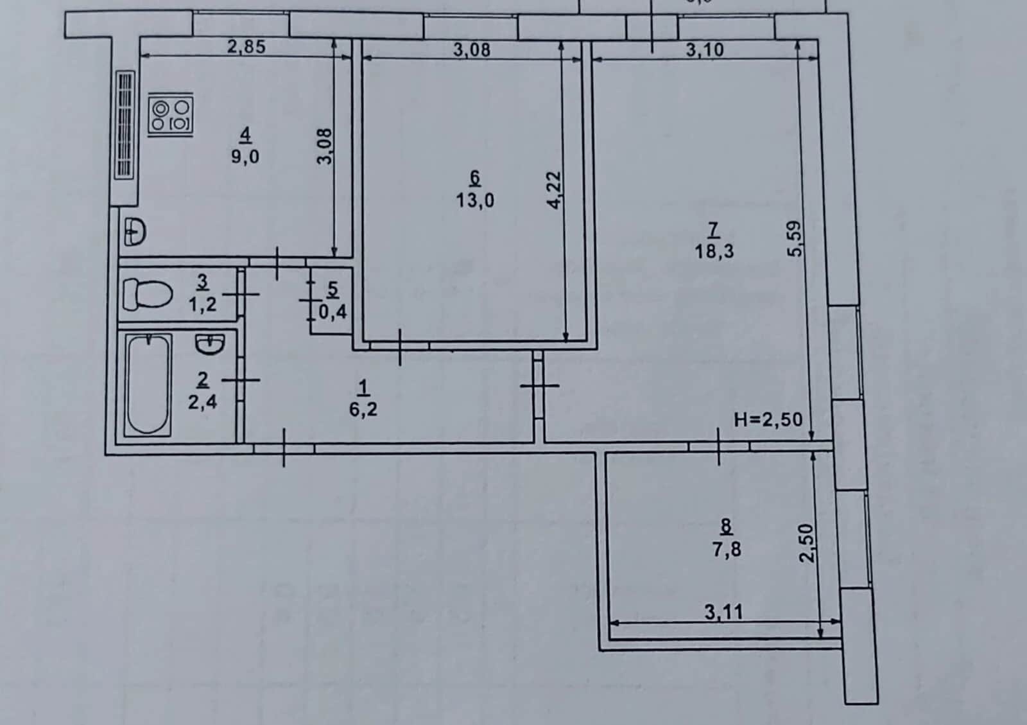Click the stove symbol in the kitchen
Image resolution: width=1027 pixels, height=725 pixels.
(x=171, y=115)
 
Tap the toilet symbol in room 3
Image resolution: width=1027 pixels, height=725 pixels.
(x=147, y=293)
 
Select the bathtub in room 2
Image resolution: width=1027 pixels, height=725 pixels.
(x=148, y=385)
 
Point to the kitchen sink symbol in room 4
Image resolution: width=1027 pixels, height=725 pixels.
(x=135, y=232)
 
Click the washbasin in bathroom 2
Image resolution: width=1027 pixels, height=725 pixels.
(x=211, y=344)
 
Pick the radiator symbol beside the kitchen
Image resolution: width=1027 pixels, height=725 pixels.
(x=125, y=125)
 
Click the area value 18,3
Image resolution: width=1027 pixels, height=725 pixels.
(x=714, y=251)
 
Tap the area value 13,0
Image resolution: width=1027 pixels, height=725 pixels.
(x=475, y=200)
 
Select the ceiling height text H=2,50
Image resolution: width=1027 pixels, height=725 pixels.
(x=768, y=419)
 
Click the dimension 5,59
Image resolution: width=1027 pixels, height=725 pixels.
(x=795, y=239)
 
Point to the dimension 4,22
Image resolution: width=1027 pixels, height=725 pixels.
(x=555, y=190)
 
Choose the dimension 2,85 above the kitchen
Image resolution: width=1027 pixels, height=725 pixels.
(x=246, y=47)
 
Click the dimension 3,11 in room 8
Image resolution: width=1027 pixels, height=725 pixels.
(x=723, y=612)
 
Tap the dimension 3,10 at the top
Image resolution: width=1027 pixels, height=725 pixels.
(x=705, y=49)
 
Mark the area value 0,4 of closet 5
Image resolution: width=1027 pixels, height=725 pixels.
(x=333, y=312)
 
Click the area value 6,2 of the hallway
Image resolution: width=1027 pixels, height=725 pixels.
(x=363, y=409)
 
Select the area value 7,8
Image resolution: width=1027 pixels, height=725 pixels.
(x=727, y=549)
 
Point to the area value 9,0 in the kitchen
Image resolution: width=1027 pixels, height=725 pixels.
(x=245, y=157)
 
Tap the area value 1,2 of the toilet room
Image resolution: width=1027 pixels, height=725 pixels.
(x=202, y=304)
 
